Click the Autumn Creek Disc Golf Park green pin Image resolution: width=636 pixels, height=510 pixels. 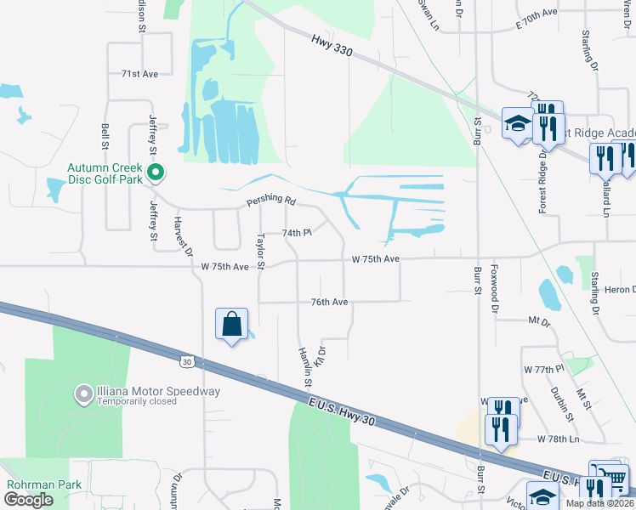pyautogui.click(x=156, y=173)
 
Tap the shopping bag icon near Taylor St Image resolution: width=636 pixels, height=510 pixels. pyautogui.click(x=231, y=324)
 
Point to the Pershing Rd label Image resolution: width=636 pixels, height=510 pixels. pyautogui.click(x=270, y=202)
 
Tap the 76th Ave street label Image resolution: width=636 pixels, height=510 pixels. pyautogui.click(x=329, y=302)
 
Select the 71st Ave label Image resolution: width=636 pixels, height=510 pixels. pyautogui.click(x=139, y=74)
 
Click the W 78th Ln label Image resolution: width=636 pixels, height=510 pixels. pyautogui.click(x=558, y=439)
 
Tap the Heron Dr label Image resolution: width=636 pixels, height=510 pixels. pyautogui.click(x=621, y=290)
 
